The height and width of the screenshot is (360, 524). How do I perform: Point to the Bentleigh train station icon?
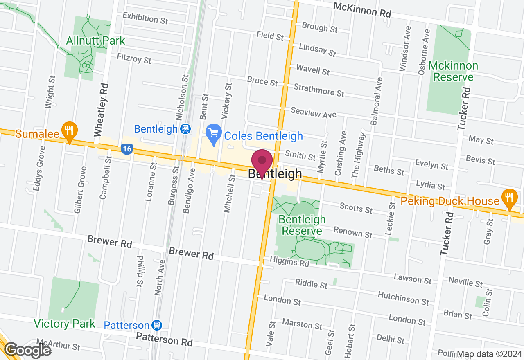coord(185,129)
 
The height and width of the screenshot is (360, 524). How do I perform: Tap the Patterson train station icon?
coord(156,325)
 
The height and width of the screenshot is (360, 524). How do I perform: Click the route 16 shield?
coord(127,149)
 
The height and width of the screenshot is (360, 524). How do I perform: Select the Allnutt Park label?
coord(95,41)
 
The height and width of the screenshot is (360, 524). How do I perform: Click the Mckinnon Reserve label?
coord(453,72)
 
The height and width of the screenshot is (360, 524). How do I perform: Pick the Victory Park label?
coord(65,324)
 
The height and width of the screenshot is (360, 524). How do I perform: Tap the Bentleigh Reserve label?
coord(302,225)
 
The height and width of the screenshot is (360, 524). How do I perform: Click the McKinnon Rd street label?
coord(362,9)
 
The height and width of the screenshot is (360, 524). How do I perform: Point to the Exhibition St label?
coord(145,18)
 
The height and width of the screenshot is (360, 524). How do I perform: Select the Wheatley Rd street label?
coord(101,110)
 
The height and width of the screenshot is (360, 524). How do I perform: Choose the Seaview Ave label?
coord(313,112)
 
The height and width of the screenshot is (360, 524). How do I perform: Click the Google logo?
coord(27,350)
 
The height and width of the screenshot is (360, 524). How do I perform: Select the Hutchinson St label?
coord(403,298)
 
